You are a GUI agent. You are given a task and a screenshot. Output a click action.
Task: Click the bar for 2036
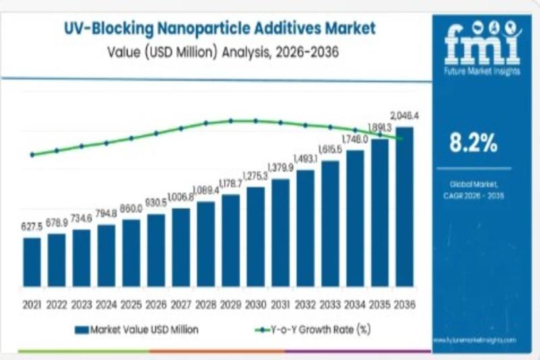(404, 206)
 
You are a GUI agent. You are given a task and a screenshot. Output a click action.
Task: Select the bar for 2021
(32, 261)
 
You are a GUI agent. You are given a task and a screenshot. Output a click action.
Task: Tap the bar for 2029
(230, 240)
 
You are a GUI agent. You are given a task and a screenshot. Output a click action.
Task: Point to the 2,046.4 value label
(406, 116)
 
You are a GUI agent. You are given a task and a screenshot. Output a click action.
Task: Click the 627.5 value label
(32, 228)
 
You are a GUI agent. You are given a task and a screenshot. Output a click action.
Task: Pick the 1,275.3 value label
(254, 176)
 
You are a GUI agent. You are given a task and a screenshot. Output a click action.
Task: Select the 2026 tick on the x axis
(156, 304)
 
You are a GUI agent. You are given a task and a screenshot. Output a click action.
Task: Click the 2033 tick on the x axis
(330, 304)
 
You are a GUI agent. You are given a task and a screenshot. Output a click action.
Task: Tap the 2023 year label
(82, 304)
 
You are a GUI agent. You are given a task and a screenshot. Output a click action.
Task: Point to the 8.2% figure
(473, 143)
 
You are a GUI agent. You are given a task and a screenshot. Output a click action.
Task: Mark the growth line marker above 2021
(32, 155)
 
